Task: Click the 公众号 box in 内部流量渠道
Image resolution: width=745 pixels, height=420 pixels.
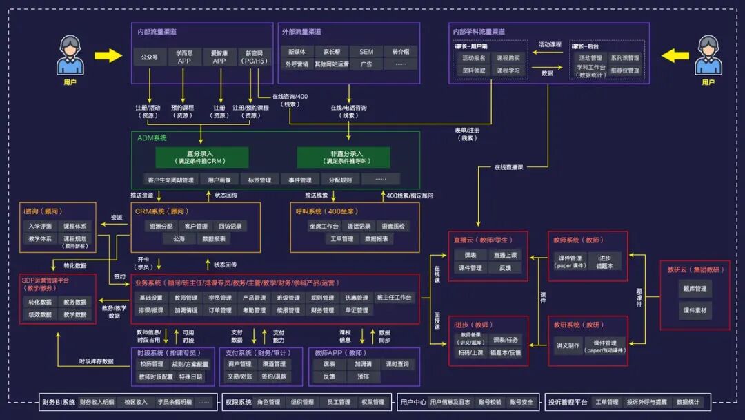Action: (150, 57)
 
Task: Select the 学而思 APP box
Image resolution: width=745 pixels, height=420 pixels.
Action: (184, 57)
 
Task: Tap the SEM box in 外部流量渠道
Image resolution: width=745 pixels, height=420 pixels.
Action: (366, 52)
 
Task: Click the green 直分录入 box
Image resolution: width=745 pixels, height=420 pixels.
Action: (201, 157)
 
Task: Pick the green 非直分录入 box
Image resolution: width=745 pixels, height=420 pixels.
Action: (343, 157)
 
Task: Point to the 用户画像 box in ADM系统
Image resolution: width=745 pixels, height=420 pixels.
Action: (219, 180)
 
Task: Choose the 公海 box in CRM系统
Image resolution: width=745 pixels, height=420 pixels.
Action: (179, 238)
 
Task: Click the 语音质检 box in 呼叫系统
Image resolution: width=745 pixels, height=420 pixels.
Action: (394, 226)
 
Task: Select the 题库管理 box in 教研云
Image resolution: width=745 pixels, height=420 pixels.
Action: (695, 289)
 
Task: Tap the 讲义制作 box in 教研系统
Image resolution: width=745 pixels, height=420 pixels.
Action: (568, 346)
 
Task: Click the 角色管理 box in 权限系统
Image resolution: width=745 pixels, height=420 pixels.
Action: (268, 402)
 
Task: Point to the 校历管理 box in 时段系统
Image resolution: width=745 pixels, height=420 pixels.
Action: (151, 364)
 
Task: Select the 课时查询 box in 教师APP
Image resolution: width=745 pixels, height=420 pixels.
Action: (397, 364)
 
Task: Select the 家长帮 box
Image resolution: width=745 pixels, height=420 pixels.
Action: (328, 52)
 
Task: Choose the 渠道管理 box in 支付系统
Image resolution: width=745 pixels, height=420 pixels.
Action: (274, 364)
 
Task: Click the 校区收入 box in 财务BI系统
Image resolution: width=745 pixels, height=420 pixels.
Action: (136, 402)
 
